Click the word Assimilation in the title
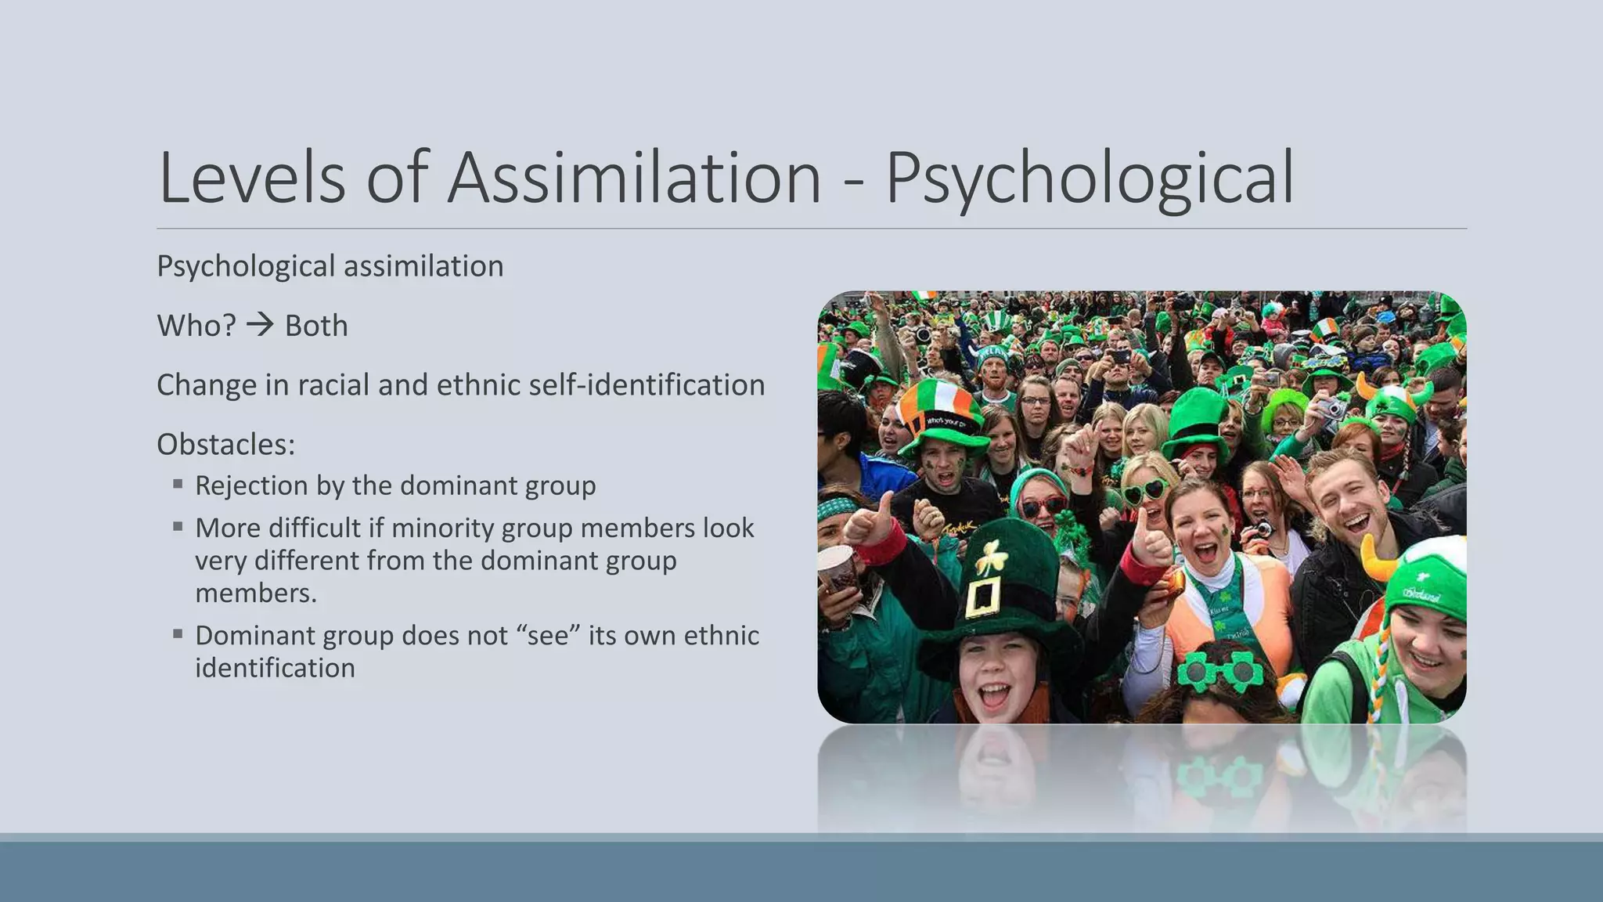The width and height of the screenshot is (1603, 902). point(634,179)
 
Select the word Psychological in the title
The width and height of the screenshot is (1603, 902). point(1090,180)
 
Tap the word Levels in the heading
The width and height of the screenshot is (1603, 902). point(251,179)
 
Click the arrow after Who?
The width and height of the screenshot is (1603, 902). point(260,325)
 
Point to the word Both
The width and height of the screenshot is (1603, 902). point(316,326)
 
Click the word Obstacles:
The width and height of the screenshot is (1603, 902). point(226,445)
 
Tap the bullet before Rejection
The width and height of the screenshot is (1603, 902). point(178,485)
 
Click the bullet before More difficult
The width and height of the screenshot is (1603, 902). point(178,527)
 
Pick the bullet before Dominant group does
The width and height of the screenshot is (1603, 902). point(178,634)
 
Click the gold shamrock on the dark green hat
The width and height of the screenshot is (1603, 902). point(990,557)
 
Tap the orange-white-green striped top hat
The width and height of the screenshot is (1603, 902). point(940,405)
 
